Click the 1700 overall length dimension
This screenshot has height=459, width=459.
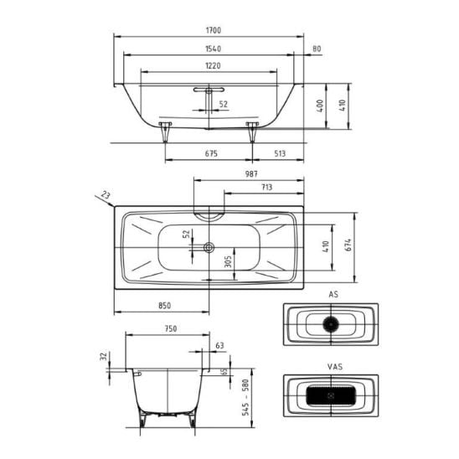pyautogui.click(x=214, y=30)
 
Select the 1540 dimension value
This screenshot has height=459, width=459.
pyautogui.click(x=213, y=49)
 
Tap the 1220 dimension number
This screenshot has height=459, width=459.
pyautogui.click(x=213, y=66)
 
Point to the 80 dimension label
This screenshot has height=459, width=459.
pyautogui.click(x=317, y=49)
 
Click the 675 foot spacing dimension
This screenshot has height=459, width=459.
pyautogui.click(x=211, y=153)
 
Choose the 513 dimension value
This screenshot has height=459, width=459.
pyautogui.click(x=280, y=153)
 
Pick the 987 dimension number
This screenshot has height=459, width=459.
pyautogui.click(x=251, y=174)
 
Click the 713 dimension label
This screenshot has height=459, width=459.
pyautogui.click(x=266, y=187)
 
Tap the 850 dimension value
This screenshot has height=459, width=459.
pyautogui.click(x=164, y=306)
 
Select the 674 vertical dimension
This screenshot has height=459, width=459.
pyautogui.click(x=348, y=245)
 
